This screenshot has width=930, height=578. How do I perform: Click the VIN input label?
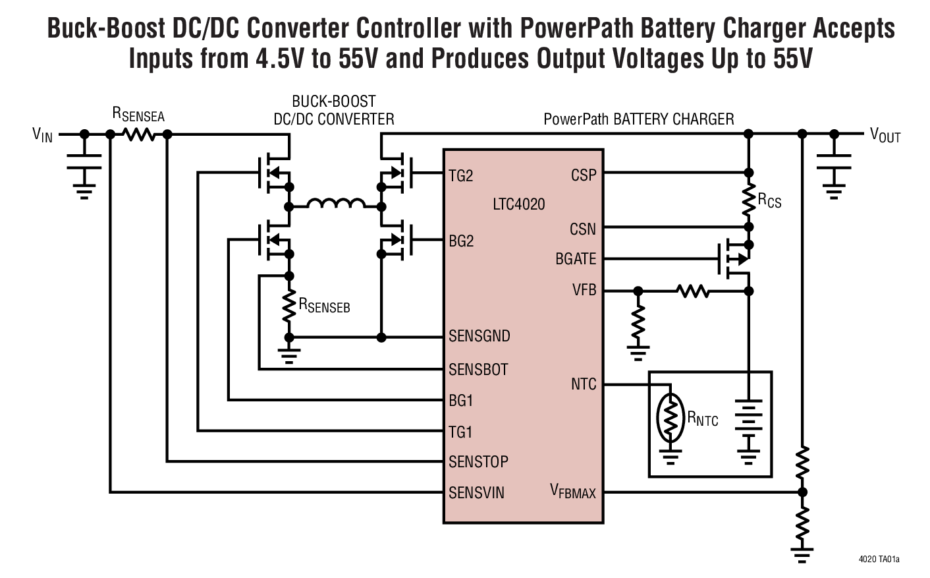coord(42,136)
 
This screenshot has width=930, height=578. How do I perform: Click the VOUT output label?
coord(885,136)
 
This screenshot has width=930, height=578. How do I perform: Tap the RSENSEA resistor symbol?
coord(139,134)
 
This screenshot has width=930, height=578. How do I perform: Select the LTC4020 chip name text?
coord(519,204)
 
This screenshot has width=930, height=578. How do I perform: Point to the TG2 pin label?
coord(461,176)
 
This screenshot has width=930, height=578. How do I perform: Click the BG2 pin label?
coord(461,241)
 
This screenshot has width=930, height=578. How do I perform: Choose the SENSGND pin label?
coord(479,336)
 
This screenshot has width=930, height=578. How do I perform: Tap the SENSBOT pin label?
coord(478,369)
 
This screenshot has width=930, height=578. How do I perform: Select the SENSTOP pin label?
coord(478,461)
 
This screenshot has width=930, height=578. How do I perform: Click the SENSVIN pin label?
coord(477,492)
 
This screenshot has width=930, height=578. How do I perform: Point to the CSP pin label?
coord(584,175)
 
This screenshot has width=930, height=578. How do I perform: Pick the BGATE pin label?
coord(576,259)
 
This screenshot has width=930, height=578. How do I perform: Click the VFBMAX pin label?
coord(573,492)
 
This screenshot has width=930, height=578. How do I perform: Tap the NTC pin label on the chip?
coord(584,384)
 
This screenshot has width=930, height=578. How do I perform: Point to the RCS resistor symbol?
coord(749,201)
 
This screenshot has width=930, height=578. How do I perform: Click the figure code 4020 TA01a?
coord(879,560)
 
